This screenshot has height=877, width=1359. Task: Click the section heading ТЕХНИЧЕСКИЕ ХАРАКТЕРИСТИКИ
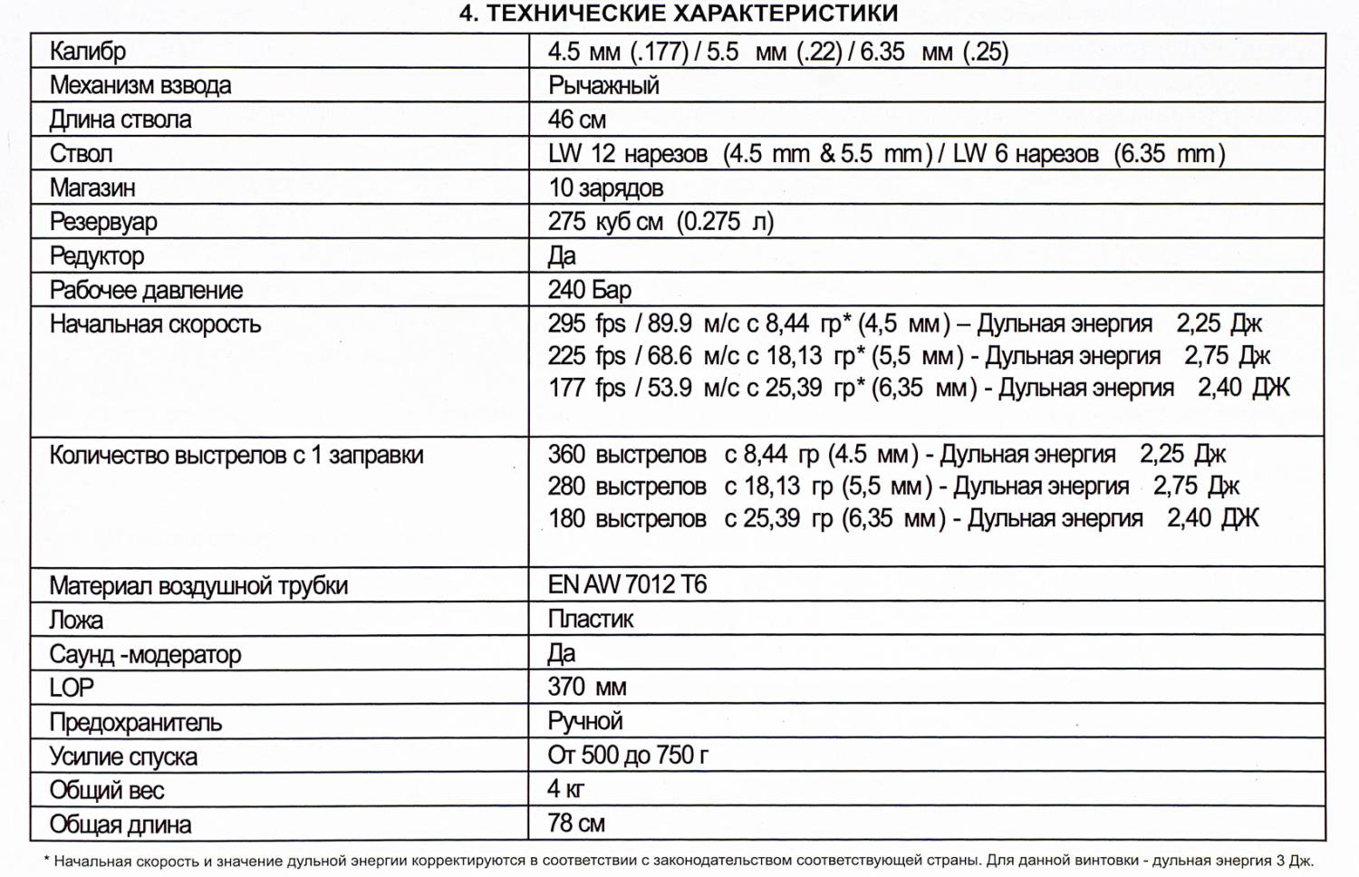pyautogui.click(x=679, y=14)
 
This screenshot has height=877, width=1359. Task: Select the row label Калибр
pyautogui.click(x=87, y=52)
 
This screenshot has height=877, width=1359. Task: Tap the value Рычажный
pyautogui.click(x=603, y=86)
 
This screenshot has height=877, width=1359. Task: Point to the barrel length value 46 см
pyautogui.click(x=577, y=120)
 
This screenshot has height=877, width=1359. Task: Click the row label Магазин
pyautogui.click(x=92, y=188)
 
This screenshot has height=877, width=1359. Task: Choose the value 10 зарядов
pyautogui.click(x=605, y=188)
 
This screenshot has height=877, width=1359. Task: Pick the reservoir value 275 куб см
pyautogui.click(x=605, y=222)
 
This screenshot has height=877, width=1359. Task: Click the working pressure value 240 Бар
pyautogui.click(x=589, y=290)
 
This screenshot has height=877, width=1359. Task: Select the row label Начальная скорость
pyautogui.click(x=155, y=324)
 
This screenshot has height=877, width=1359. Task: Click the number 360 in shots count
pyautogui.click(x=566, y=455)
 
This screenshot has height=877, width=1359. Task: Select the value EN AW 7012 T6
pyautogui.click(x=627, y=585)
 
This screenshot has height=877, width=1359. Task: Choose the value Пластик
pyautogui.click(x=591, y=620)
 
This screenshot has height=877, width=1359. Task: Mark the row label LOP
pyautogui.click(x=72, y=688)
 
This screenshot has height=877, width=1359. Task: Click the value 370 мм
pyautogui.click(x=586, y=688)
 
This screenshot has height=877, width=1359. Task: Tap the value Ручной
pyautogui.click(x=585, y=722)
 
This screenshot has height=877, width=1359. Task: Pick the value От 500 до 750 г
pyautogui.click(x=628, y=756)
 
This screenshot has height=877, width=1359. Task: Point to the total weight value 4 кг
pyautogui.click(x=565, y=789)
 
